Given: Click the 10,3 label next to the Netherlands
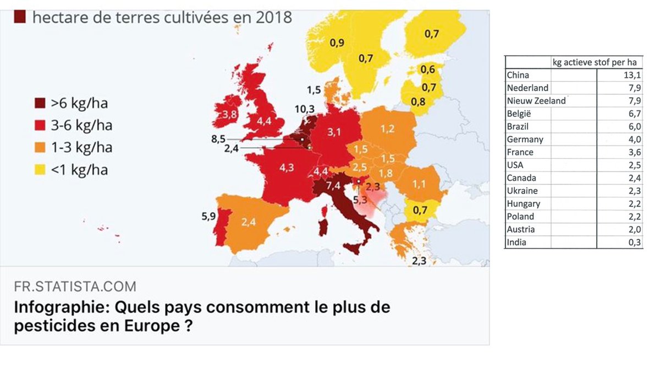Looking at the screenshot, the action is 305,109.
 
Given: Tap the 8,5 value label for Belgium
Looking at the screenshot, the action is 218,139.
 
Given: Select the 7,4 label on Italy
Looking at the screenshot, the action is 333,186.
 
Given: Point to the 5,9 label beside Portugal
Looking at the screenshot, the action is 208,217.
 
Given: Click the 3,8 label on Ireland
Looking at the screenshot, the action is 229,114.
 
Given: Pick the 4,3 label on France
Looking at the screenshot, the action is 287,168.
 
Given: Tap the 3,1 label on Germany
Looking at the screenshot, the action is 334,132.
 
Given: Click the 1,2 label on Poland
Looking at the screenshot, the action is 387,129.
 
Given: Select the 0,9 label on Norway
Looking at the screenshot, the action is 337,43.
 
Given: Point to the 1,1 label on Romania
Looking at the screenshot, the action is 419,185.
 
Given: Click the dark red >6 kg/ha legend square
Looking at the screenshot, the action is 40,104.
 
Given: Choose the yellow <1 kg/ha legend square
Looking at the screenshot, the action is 40,170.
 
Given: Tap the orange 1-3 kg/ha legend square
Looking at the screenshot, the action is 40,148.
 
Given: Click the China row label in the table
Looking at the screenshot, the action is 518,75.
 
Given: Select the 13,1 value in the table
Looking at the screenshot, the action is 632,75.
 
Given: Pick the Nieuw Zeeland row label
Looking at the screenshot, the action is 536,101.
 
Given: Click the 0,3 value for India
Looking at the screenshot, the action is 635,242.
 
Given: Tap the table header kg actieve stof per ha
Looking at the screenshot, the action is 595,62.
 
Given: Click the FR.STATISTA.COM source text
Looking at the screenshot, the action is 75,287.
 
